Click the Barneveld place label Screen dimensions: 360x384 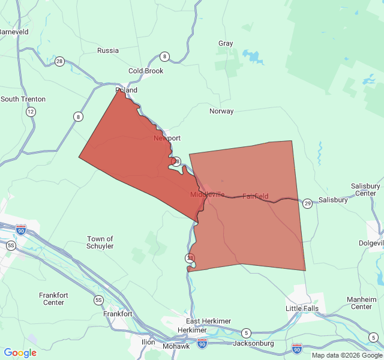click(13, 31)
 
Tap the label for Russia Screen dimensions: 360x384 click(108, 50)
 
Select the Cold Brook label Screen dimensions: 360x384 click(146, 71)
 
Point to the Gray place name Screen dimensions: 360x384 click(226, 43)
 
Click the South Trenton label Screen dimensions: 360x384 click(23, 99)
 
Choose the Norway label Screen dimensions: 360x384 click(221, 111)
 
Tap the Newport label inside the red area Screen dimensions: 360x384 click(167, 138)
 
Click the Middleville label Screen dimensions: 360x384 click(208, 194)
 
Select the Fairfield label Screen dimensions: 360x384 click(256, 196)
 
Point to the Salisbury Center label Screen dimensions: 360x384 click(365, 190)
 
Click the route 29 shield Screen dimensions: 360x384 click(307, 203)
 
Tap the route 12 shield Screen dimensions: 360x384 click(31, 112)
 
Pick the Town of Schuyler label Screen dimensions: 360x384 click(100, 242)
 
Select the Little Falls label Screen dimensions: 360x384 click(302, 308)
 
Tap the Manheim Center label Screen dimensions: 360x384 click(361, 303)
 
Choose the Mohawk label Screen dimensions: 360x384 click(176, 346)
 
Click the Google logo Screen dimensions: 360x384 click(20, 353)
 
